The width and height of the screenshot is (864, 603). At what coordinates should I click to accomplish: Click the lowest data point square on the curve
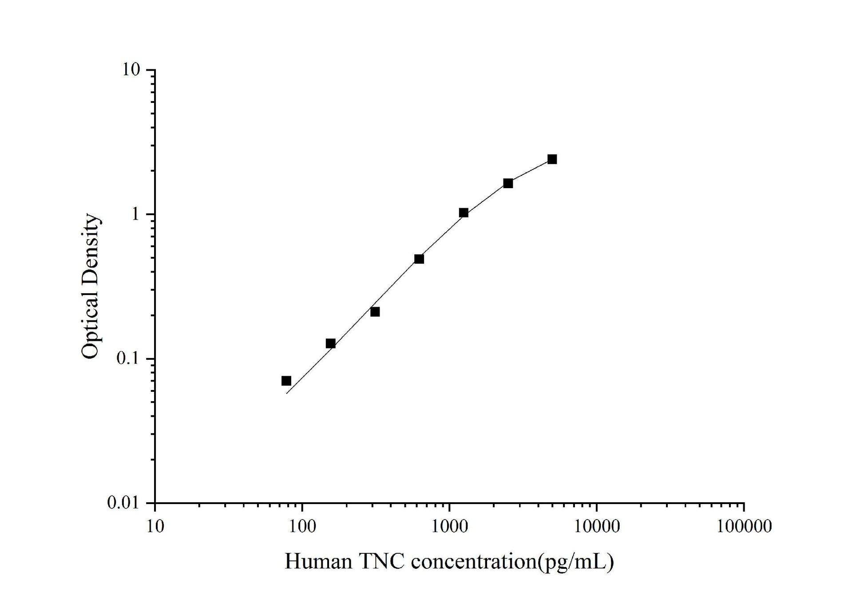click(286, 381)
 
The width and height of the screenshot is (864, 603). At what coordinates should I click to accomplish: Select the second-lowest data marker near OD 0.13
click(331, 343)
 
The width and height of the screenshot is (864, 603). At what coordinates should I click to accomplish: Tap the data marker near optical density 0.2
click(375, 312)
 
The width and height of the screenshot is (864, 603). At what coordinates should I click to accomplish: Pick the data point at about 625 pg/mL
click(419, 259)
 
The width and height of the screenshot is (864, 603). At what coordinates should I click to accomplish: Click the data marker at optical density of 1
click(464, 213)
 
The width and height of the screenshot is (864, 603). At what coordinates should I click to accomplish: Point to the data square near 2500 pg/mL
click(508, 183)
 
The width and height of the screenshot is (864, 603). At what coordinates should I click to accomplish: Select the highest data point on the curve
click(552, 159)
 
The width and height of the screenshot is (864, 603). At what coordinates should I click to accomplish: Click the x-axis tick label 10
click(155, 527)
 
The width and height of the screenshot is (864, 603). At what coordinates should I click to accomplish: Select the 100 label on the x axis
click(302, 527)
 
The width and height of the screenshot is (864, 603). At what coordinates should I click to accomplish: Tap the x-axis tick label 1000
click(449, 527)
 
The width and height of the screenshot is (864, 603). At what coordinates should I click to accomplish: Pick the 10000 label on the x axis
click(596, 527)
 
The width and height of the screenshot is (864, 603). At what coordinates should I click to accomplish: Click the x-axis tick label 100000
click(744, 527)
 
